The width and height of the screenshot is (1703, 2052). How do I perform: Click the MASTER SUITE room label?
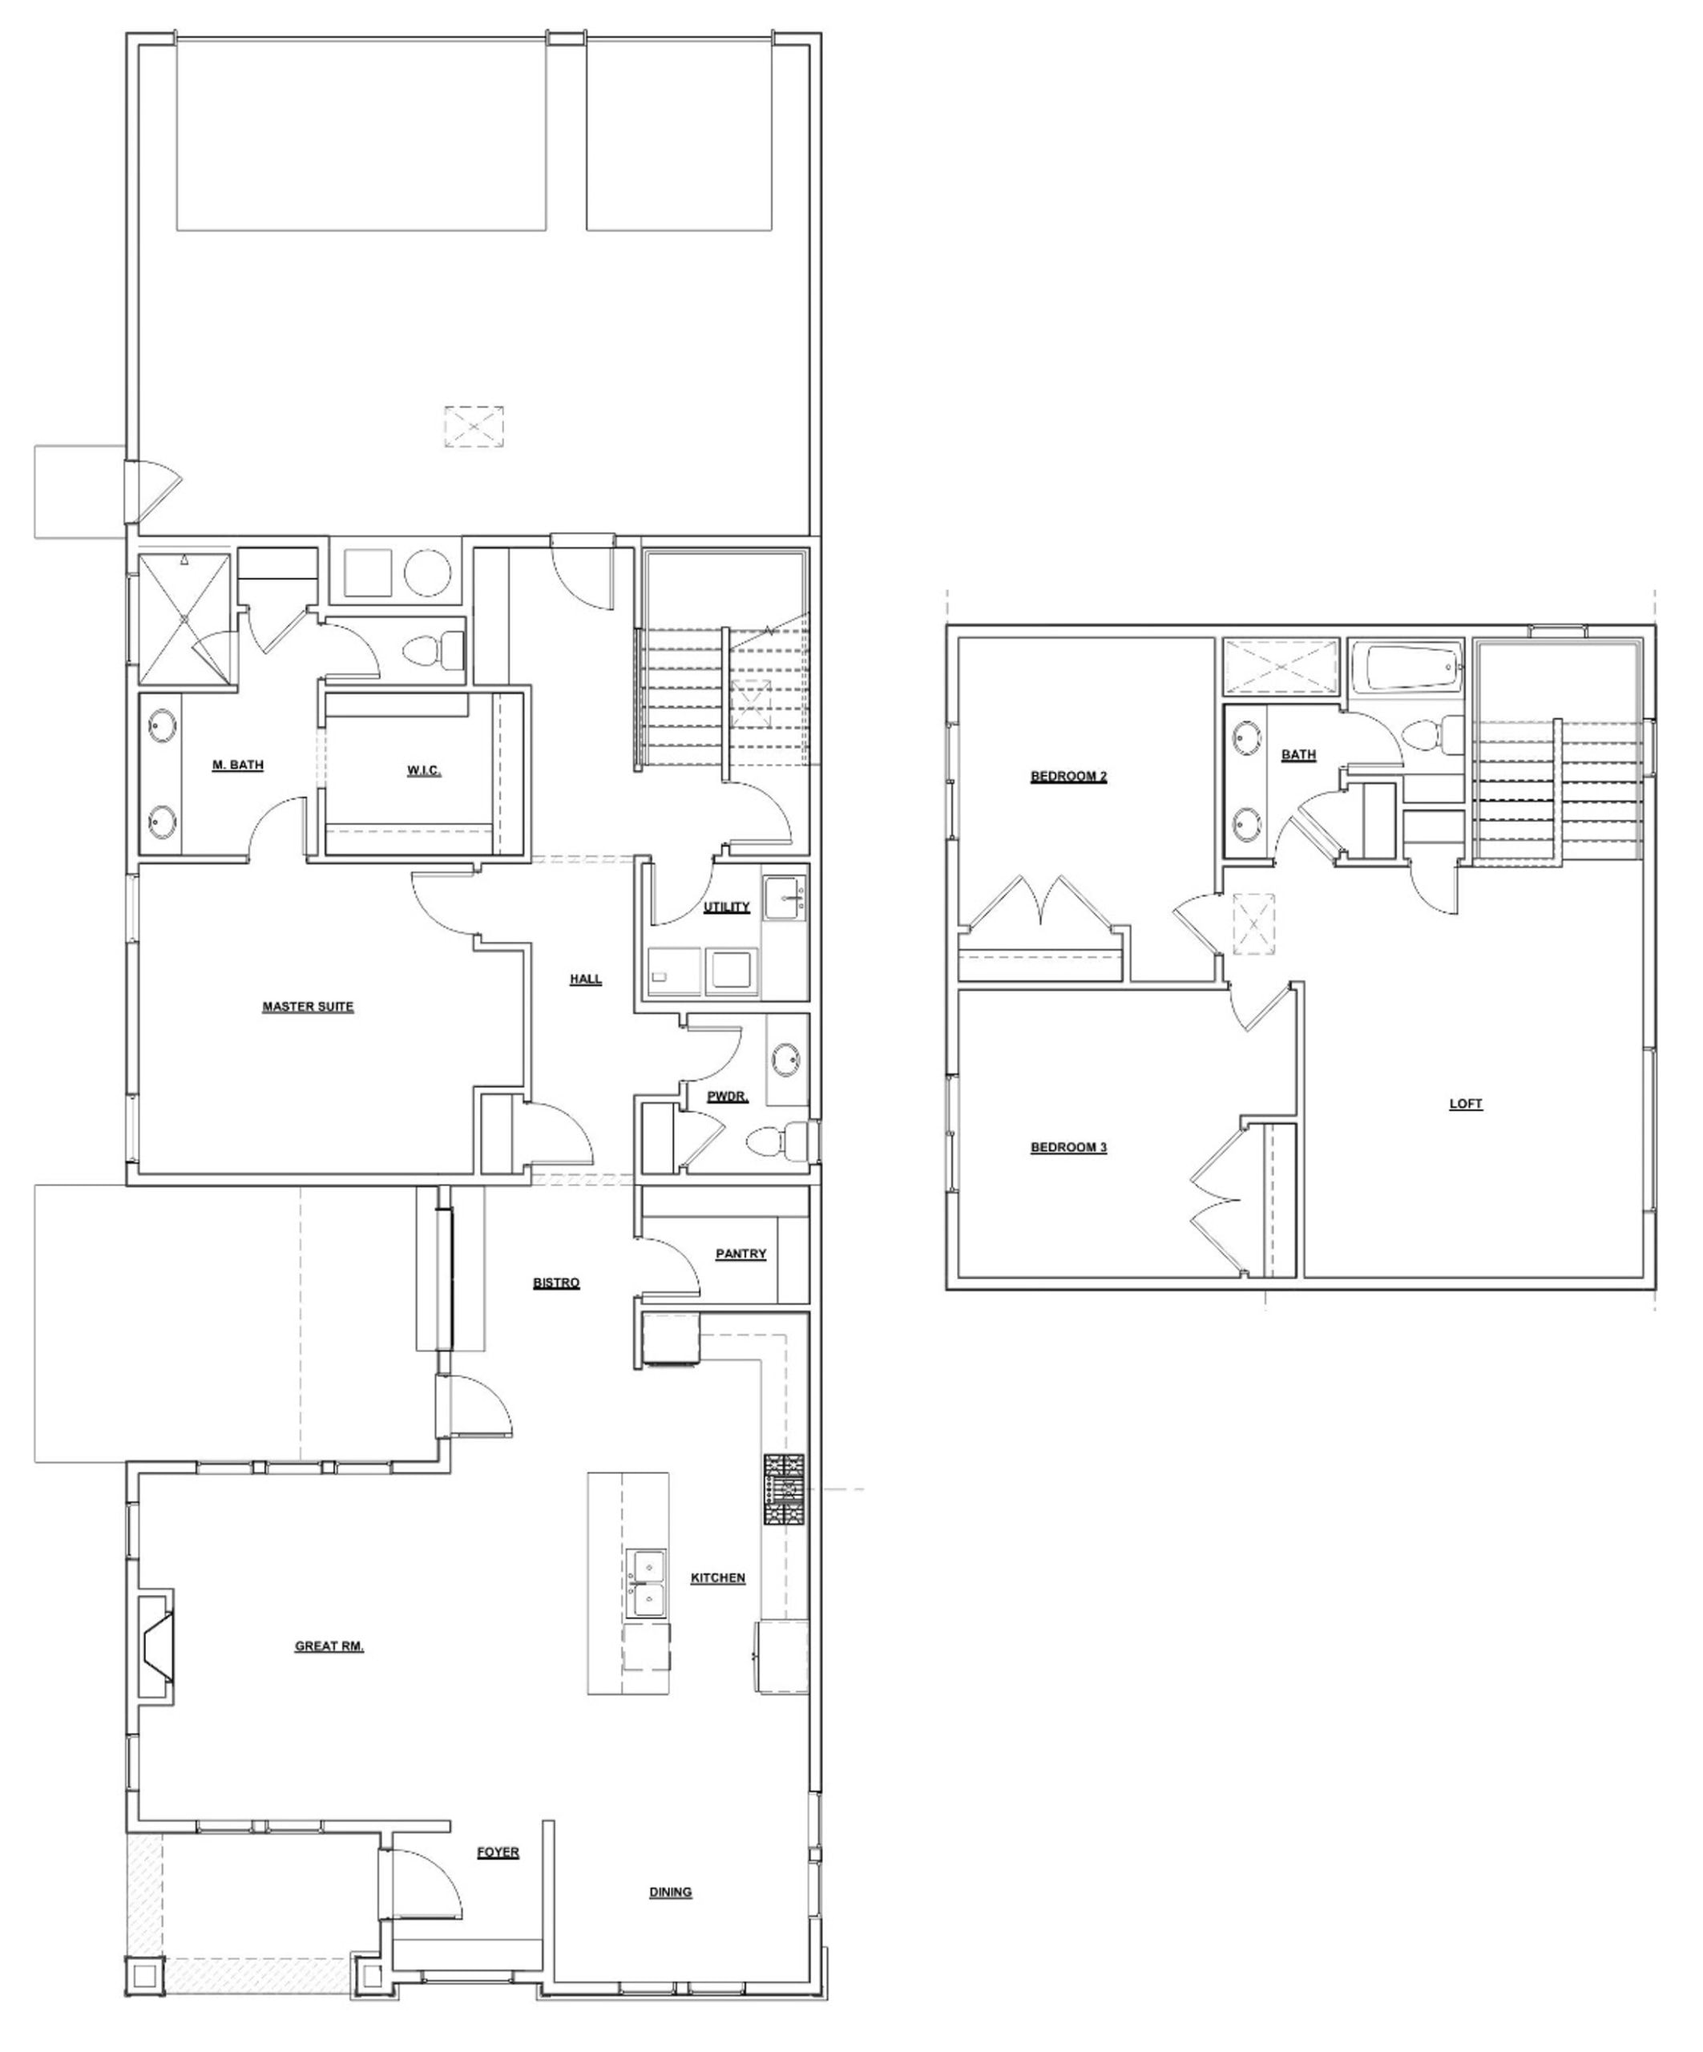click(x=308, y=1007)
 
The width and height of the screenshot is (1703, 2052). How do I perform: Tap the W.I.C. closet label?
click(x=424, y=771)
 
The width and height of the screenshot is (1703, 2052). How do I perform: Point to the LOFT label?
click(x=1466, y=1105)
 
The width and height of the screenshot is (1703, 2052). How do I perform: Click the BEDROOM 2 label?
click(x=1069, y=777)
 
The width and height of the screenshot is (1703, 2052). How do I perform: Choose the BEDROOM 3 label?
click(x=1069, y=1147)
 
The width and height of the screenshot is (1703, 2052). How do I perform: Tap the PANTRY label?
click(x=741, y=1254)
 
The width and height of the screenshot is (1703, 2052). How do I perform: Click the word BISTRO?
click(x=557, y=1283)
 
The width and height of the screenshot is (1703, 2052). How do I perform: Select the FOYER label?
click(x=498, y=1852)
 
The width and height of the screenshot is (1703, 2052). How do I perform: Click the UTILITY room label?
click(x=727, y=907)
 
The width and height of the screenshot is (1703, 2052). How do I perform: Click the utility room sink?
click(x=785, y=898)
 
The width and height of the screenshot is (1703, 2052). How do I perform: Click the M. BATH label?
click(x=238, y=765)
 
